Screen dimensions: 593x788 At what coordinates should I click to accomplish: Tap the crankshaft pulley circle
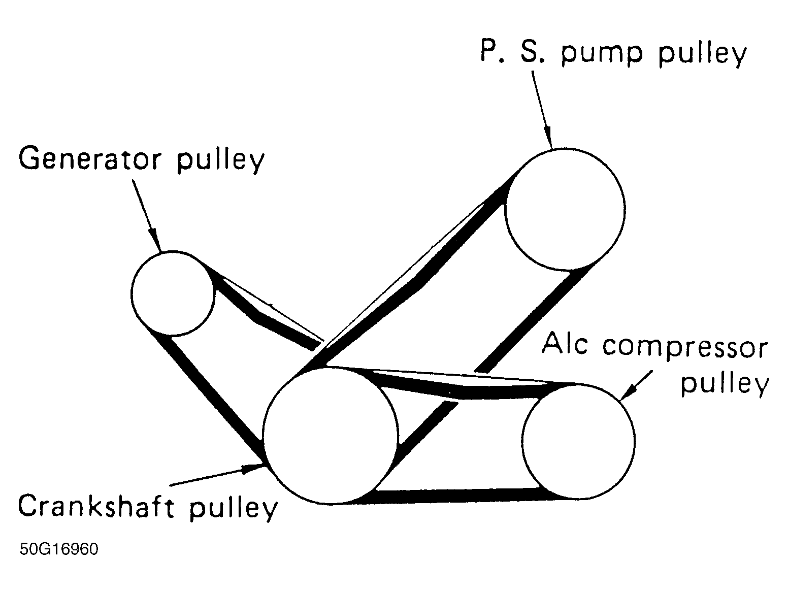(330, 436)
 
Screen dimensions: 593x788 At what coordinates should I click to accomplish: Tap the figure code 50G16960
(59, 549)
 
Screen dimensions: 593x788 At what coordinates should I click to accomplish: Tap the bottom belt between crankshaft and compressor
(457, 496)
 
